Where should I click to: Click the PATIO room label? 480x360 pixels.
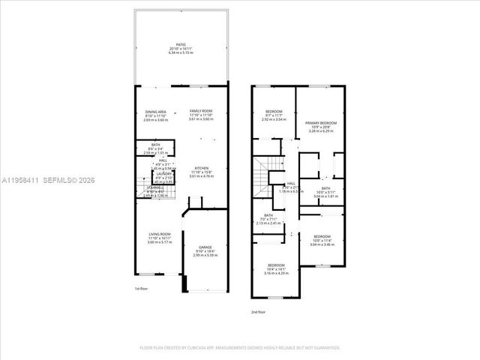180,45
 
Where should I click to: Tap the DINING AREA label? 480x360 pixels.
156,112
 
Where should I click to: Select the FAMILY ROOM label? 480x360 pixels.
200,111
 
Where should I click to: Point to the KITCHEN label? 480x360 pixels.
202,168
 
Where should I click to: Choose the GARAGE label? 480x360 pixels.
205,246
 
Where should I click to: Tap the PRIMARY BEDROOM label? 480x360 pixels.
320,122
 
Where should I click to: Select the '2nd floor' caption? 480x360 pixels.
258,311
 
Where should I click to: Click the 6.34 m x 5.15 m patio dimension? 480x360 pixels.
180,52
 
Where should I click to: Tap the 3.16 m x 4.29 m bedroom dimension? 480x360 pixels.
276,272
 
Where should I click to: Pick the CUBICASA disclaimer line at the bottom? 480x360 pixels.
240,347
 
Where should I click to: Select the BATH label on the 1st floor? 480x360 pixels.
155,145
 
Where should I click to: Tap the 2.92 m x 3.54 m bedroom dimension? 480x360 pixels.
274,119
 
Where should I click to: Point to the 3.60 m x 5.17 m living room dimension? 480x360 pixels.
159,242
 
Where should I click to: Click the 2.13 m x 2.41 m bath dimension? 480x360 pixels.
268,223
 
